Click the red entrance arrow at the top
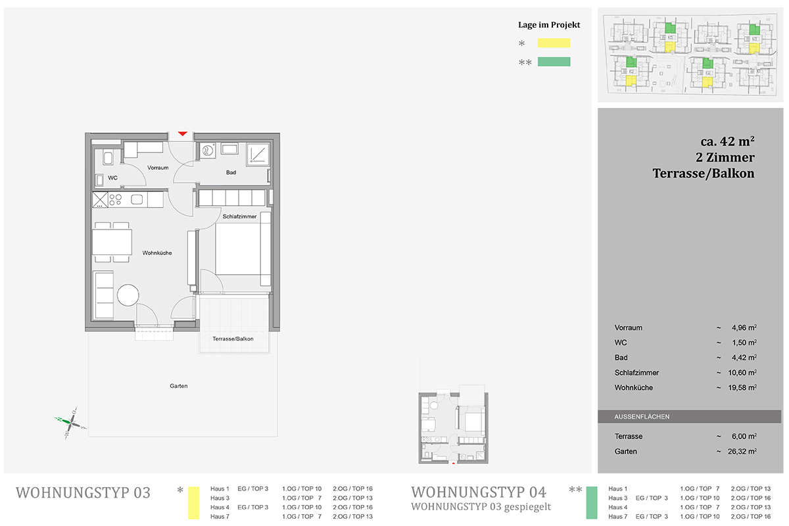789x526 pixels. tap(183, 133)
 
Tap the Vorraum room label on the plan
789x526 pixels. tap(158, 168)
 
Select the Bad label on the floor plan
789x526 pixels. tap(231, 172)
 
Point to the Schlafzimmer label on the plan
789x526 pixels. tap(239, 216)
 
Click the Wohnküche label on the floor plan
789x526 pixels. tap(157, 253)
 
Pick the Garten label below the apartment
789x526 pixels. tap(179, 386)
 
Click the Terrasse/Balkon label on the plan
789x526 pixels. tap(233, 339)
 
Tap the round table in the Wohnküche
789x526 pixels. tap(128, 295)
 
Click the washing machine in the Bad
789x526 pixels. tap(208, 151)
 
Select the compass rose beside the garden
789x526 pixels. tap(71, 421)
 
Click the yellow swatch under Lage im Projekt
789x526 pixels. tap(554, 43)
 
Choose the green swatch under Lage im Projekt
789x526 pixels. tap(554, 62)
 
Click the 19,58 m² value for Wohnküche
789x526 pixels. tap(742, 387)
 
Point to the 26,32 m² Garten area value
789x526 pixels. tap(742, 451)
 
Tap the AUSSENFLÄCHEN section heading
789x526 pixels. tap(642, 416)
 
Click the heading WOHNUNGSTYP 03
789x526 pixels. tap(83, 492)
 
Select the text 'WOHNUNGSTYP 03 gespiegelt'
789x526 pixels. tap(481, 507)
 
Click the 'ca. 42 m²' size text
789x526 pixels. tap(727, 141)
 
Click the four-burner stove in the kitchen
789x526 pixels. tap(115, 200)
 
